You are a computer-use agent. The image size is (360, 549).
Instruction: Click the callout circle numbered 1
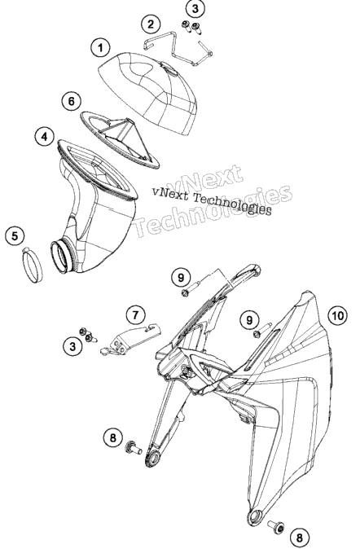[100, 47]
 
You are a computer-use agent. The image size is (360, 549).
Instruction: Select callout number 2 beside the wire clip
[151, 24]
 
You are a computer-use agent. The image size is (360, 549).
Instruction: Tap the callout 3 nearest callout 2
[195, 9]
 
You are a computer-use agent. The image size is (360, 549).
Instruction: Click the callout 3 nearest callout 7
[72, 346]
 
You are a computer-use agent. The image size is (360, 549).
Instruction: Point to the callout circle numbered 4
[44, 136]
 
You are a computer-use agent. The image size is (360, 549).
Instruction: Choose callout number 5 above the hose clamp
[15, 235]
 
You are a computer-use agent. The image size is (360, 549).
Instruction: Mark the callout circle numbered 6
[71, 101]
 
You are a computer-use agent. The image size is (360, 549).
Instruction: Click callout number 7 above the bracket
[135, 314]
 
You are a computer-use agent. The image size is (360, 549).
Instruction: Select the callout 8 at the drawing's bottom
[300, 537]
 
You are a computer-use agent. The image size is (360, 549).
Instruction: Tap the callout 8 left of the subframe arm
[112, 437]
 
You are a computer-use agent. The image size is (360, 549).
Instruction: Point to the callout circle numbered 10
[337, 316]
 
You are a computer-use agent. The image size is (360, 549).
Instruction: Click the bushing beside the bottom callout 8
[276, 526]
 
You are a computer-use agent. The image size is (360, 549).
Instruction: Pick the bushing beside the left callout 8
[134, 446]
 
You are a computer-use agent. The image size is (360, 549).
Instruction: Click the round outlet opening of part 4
[64, 257]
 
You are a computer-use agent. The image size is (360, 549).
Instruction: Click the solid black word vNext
[170, 192]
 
